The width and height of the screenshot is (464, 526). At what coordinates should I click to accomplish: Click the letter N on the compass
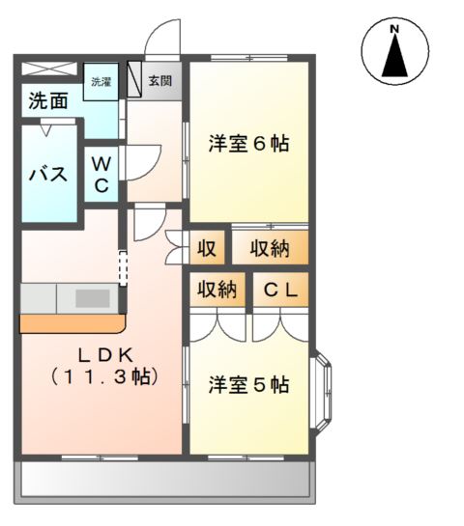click(x=394, y=29)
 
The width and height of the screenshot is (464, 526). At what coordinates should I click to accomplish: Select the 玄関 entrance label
click(x=160, y=81)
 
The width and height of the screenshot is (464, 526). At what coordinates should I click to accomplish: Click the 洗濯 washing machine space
click(x=101, y=81)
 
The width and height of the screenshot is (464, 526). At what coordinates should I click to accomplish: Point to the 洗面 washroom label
click(x=48, y=100)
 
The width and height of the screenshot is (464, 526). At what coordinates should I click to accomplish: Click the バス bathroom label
click(x=48, y=174)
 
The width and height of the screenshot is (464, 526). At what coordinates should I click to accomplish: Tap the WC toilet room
click(x=101, y=175)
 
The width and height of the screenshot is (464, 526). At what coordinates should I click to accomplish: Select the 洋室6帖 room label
click(x=249, y=143)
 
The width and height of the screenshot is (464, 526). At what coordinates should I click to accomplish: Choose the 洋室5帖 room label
click(x=249, y=385)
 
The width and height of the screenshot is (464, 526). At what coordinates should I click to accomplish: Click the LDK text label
click(x=105, y=355)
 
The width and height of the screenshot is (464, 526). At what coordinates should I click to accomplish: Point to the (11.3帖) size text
click(x=104, y=377)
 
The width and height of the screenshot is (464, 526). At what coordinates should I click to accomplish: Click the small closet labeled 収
click(x=207, y=248)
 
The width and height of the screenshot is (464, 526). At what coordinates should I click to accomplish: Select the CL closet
click(x=280, y=290)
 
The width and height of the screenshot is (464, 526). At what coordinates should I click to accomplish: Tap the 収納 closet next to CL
click(x=217, y=290)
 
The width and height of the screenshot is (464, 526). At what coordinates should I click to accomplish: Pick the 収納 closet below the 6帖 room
click(x=270, y=248)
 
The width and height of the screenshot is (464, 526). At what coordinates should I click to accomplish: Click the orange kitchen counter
click(x=72, y=323)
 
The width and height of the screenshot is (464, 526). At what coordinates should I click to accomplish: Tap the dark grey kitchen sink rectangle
click(x=93, y=298)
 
